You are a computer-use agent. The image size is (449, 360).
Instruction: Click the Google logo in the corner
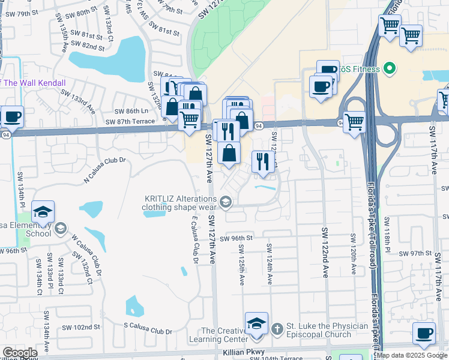20,353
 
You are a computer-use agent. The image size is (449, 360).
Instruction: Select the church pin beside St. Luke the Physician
277,328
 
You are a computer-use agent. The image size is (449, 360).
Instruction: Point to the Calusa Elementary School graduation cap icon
43,212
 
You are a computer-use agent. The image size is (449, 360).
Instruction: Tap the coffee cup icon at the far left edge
12,116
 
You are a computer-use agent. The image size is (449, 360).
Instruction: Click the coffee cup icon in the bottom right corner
425,334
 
